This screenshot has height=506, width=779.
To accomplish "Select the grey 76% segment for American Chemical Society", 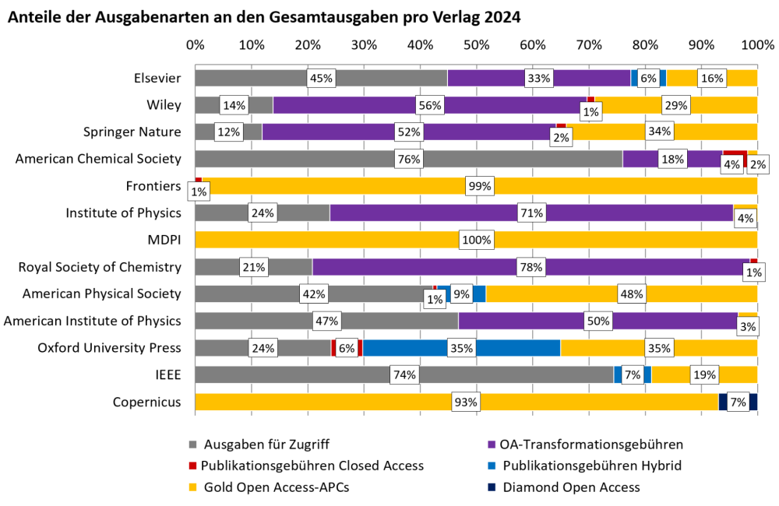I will click(x=351, y=159).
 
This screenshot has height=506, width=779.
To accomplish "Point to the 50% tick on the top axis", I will click(x=476, y=46).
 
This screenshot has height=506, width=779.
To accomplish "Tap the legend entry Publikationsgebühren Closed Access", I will click(x=312, y=466).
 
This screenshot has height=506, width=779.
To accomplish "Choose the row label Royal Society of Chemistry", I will click(x=100, y=267).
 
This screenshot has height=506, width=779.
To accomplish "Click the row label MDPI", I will click(x=164, y=240).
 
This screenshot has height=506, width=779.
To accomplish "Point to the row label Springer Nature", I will click(x=132, y=132).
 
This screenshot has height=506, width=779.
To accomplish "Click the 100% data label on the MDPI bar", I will click(x=476, y=241).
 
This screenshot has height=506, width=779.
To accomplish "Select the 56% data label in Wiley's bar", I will click(x=430, y=105).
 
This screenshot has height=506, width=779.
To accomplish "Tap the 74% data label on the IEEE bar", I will click(x=405, y=375).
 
